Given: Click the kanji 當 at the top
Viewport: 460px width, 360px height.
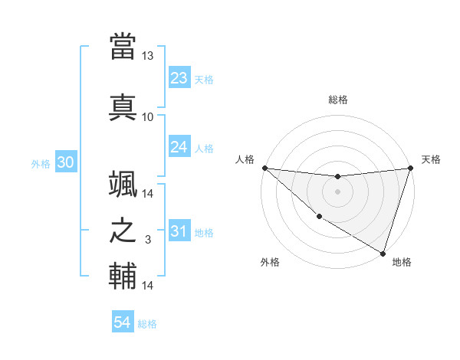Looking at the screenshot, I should click(123, 47).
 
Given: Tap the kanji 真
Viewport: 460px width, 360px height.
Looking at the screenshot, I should click(123, 107).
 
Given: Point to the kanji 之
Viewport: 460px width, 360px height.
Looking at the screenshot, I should click(123, 231).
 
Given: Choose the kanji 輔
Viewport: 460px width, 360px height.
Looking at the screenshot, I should click(123, 277).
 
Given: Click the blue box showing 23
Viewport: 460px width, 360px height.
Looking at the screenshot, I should click(179, 77).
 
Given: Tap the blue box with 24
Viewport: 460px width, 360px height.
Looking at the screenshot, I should click(179, 147).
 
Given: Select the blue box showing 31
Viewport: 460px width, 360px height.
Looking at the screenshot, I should click(179, 231).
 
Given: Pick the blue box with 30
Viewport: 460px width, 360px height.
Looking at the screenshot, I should click(65, 162).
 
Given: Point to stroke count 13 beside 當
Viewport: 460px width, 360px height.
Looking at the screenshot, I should click(147, 56).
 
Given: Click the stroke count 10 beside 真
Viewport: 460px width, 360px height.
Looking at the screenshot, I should click(147, 116).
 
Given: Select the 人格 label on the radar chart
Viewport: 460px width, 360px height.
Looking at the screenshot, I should click(245, 159).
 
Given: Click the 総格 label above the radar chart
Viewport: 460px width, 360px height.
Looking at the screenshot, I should click(337, 100).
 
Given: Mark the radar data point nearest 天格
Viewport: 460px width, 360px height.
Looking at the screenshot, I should click(410, 168).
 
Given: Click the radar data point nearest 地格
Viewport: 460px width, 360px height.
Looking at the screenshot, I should click(383, 253).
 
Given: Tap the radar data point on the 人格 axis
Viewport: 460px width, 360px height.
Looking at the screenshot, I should click(264, 168).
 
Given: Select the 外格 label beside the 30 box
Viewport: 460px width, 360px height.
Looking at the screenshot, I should click(41, 163).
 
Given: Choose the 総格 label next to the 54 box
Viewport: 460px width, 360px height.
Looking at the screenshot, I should click(147, 323).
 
